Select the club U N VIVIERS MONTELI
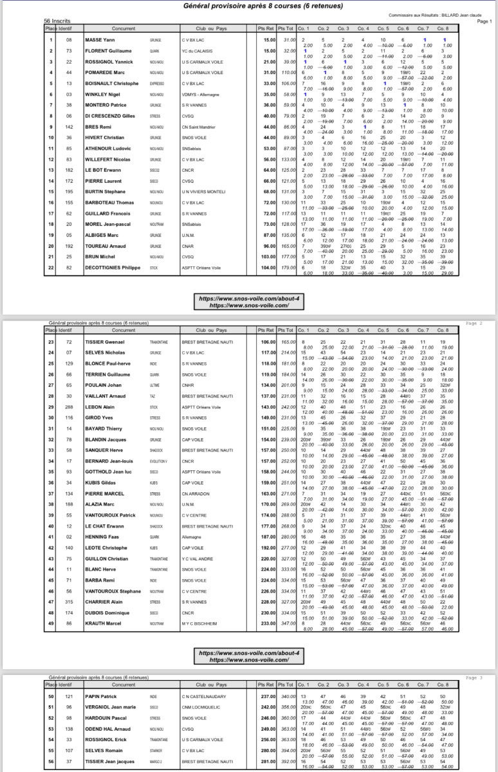pyautogui.click(x=203, y=191)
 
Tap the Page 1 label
pyautogui.click(x=484, y=21)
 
